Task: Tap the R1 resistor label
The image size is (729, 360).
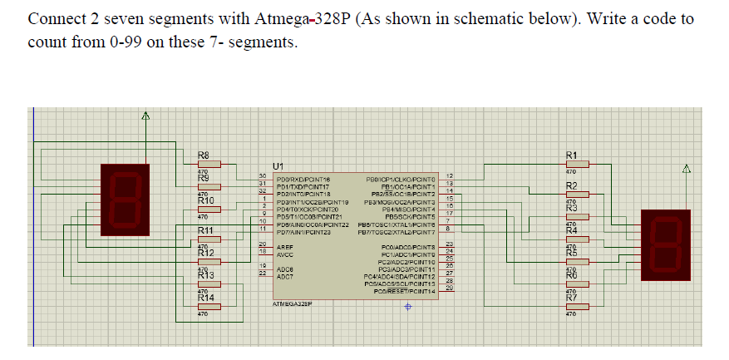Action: [571, 155]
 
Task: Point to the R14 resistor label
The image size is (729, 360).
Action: [205, 297]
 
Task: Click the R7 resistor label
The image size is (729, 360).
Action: [571, 297]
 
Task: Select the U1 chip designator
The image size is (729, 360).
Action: [279, 166]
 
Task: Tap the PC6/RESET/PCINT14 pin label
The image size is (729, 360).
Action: [405, 291]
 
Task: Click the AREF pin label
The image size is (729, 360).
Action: [284, 247]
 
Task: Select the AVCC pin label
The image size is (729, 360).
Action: [285, 254]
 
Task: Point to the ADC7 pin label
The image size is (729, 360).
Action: [284, 275]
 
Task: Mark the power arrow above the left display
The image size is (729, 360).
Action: [144, 119]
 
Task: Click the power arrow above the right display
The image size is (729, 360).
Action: [686, 170]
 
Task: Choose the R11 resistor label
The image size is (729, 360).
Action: [205, 230]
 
